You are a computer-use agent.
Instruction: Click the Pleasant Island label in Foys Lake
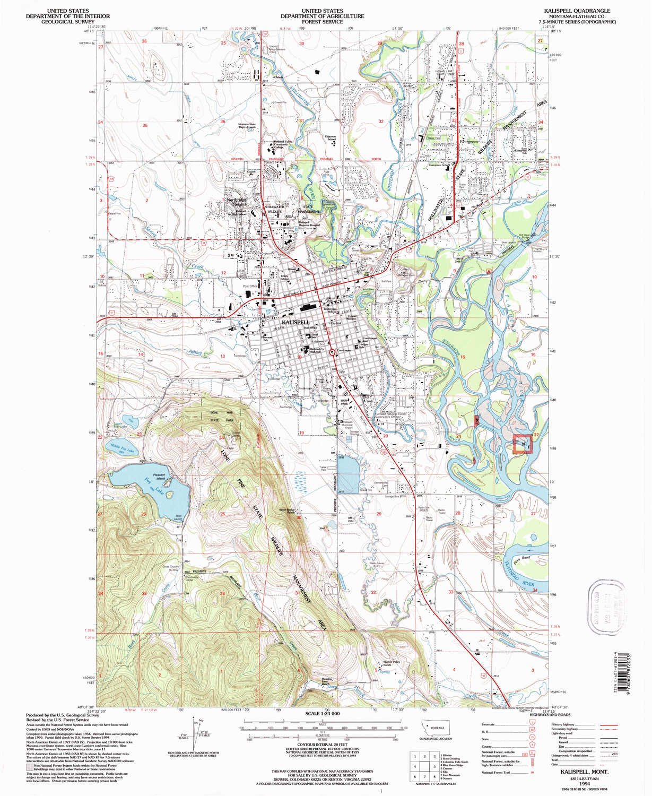(159, 475)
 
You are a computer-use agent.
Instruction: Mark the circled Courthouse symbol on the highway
(333, 352)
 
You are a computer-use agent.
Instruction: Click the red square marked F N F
(522, 443)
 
